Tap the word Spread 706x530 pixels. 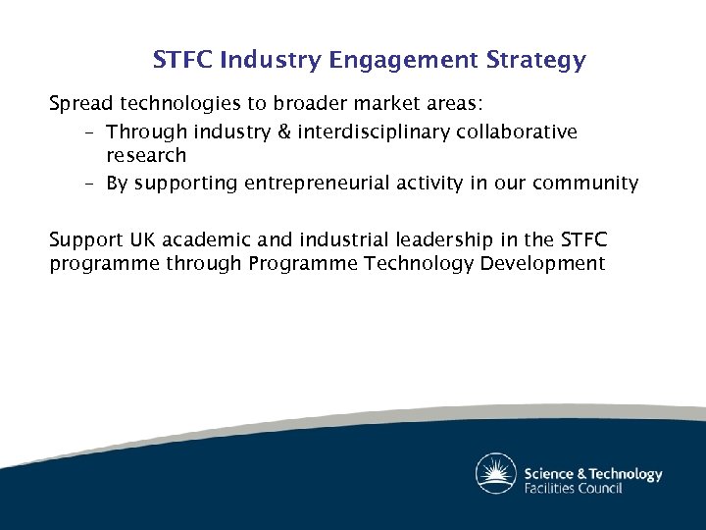coord(81,103)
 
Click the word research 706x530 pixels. coord(146,155)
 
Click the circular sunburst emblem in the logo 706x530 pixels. coord(496,474)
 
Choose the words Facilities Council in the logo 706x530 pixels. coord(574,488)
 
